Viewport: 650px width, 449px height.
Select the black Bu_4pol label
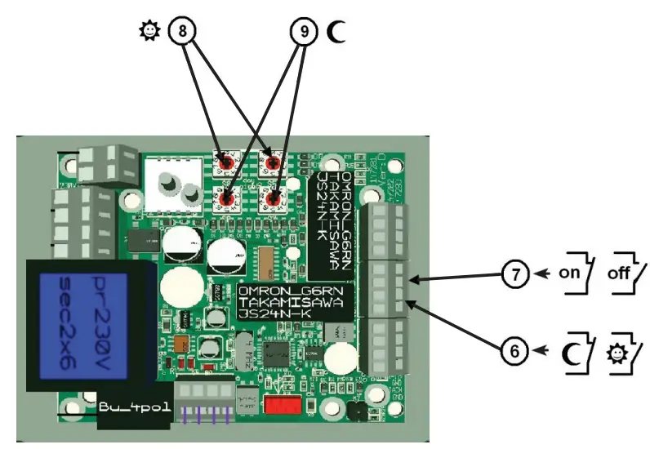[135, 407]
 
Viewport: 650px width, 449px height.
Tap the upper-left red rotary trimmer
[222, 161]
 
